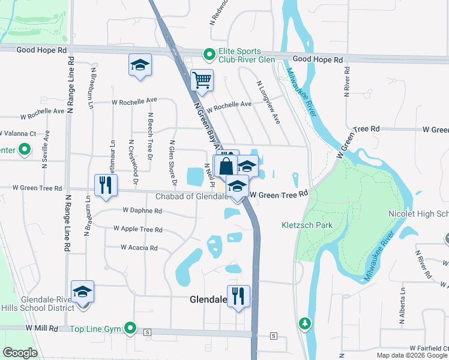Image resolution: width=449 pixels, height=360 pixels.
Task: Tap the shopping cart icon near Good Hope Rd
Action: (202, 79)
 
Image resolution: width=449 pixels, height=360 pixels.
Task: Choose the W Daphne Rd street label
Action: (142, 211)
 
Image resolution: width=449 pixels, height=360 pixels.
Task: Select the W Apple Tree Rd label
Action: (138, 229)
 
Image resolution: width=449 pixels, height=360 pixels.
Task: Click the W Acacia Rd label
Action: (139, 247)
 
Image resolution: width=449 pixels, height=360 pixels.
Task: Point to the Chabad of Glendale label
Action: (190, 196)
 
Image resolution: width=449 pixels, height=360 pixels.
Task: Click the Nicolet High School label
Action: (423, 214)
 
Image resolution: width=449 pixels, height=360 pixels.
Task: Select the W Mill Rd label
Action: (41, 328)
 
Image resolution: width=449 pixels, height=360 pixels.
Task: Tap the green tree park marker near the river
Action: (306, 324)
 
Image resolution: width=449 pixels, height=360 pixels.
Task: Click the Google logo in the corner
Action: (20, 353)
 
